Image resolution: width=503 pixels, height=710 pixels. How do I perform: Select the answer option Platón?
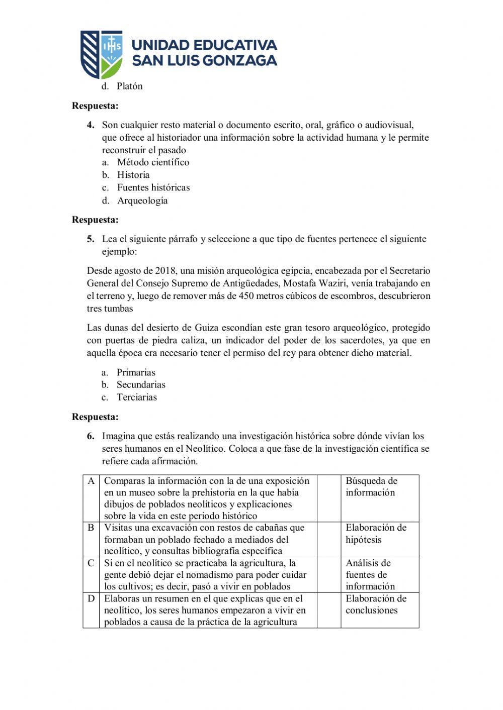click(130, 86)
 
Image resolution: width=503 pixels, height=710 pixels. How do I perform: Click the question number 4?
click(91, 125)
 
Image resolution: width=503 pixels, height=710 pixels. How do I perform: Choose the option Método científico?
click(153, 162)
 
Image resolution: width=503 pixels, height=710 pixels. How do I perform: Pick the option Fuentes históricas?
click(153, 187)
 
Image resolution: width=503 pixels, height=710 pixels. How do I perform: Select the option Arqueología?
click(142, 200)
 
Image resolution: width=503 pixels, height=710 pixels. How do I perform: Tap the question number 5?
click(91, 239)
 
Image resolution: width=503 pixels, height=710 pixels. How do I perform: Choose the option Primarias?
click(136, 372)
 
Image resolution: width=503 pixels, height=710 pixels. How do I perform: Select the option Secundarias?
click(141, 384)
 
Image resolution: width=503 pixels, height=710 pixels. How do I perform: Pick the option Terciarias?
click(137, 397)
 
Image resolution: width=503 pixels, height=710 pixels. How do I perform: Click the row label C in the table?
click(91, 563)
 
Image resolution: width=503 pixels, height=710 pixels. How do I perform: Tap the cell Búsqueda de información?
click(379, 486)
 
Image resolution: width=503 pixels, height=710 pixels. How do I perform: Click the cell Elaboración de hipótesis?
click(379, 534)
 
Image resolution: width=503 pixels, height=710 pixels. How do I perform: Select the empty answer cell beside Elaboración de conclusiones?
click(329, 610)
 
